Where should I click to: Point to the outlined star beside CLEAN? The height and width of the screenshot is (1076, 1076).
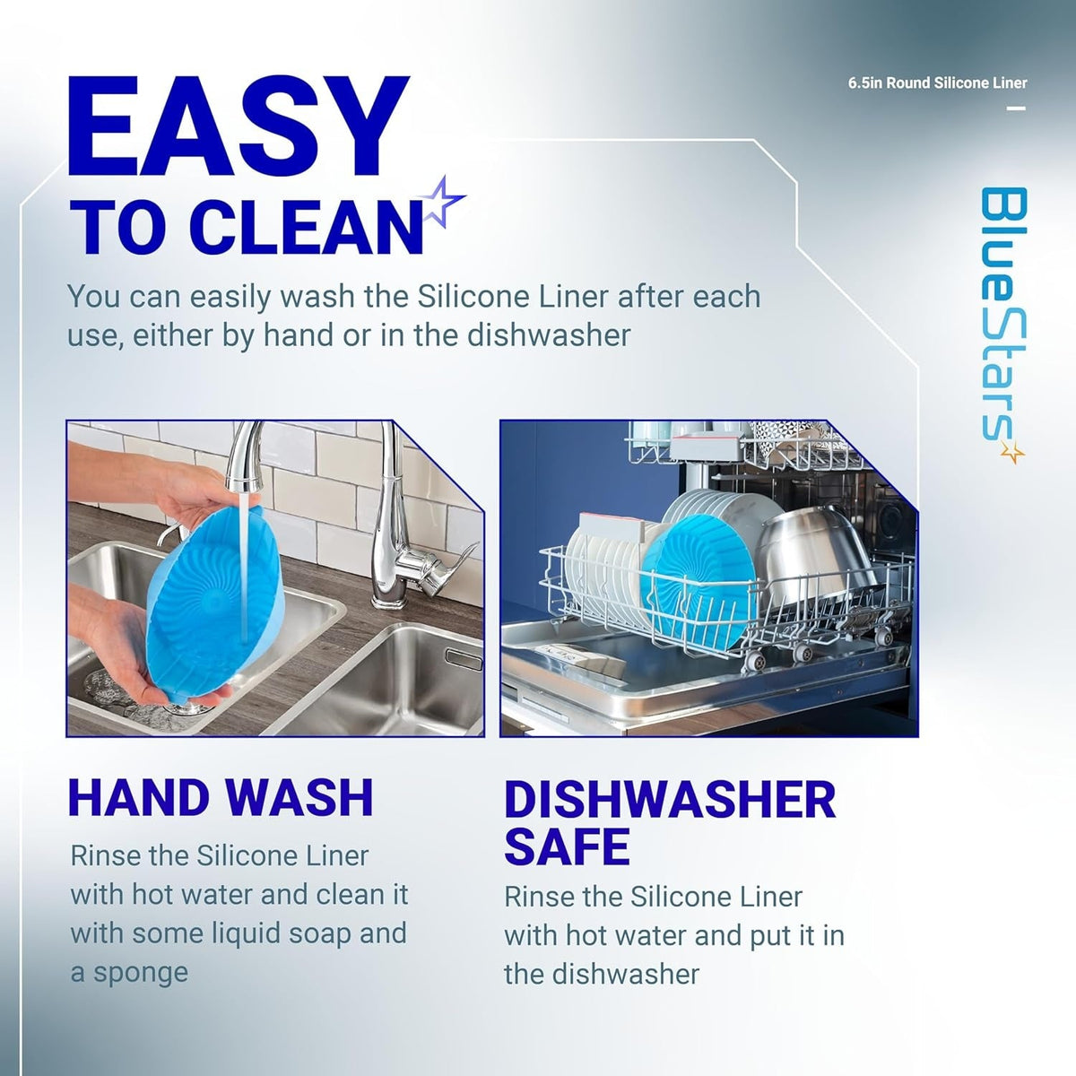pyautogui.click(x=442, y=202)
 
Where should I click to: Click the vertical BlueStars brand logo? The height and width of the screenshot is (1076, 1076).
pyautogui.click(x=1003, y=325)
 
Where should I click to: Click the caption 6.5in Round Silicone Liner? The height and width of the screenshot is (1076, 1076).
pyautogui.click(x=938, y=83)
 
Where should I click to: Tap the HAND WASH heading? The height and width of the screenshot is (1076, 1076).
pyautogui.click(x=221, y=798)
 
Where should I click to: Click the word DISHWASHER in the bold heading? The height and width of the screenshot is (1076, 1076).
pyautogui.click(x=670, y=800)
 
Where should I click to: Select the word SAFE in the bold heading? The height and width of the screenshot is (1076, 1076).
pyautogui.click(x=568, y=846)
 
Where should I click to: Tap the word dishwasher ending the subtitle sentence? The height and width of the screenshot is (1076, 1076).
pyautogui.click(x=549, y=335)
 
